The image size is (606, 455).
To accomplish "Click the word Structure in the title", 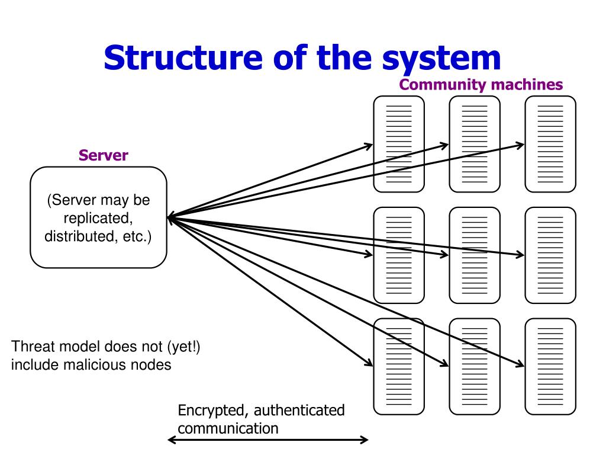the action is pos(183,57).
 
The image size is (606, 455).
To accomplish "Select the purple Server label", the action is pos(103,155).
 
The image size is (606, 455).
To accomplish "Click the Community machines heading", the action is pos(481,84).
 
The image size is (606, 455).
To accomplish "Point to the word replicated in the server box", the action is pos(98,219).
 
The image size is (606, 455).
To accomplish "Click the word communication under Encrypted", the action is pos(228,429).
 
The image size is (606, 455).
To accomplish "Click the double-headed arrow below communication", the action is pos(268,440).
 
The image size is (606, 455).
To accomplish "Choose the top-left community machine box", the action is pos(399,144).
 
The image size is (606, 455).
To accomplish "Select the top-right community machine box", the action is pos(550,144).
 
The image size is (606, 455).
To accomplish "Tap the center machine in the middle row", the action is pos(475,255).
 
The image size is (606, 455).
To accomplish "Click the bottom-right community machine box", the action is pos(550,366).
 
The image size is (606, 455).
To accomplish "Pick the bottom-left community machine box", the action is pos(399,366).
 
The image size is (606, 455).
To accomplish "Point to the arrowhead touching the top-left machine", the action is pos(369,146).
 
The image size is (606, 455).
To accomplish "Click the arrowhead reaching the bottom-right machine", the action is pos(521,363).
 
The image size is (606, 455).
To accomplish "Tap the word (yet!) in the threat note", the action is pos(183,347).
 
